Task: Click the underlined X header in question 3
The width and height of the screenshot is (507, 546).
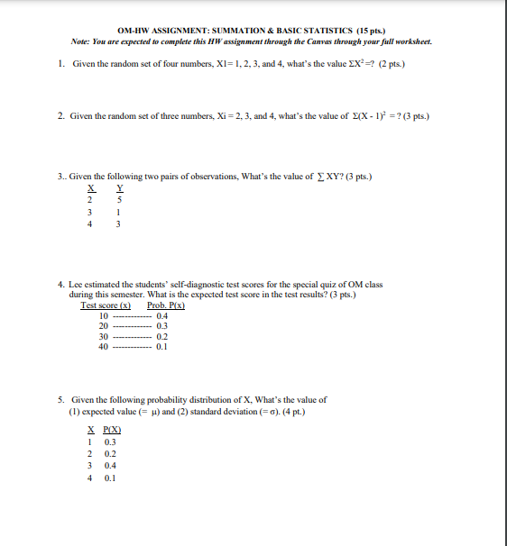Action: [91, 188]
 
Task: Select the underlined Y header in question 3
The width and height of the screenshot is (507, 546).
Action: [119, 188]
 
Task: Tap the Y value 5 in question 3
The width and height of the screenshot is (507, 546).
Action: [119, 199]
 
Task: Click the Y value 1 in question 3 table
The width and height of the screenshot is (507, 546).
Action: [119, 213]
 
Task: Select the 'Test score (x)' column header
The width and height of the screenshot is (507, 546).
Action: [106, 305]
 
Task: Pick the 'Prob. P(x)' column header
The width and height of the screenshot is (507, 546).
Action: [166, 305]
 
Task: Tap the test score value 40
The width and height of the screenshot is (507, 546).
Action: [103, 346]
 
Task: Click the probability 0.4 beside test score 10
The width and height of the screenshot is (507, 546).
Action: [162, 316]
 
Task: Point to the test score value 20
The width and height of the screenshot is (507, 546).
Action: [103, 326]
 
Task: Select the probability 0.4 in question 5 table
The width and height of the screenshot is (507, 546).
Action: [110, 466]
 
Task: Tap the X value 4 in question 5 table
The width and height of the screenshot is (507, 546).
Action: [91, 478]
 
